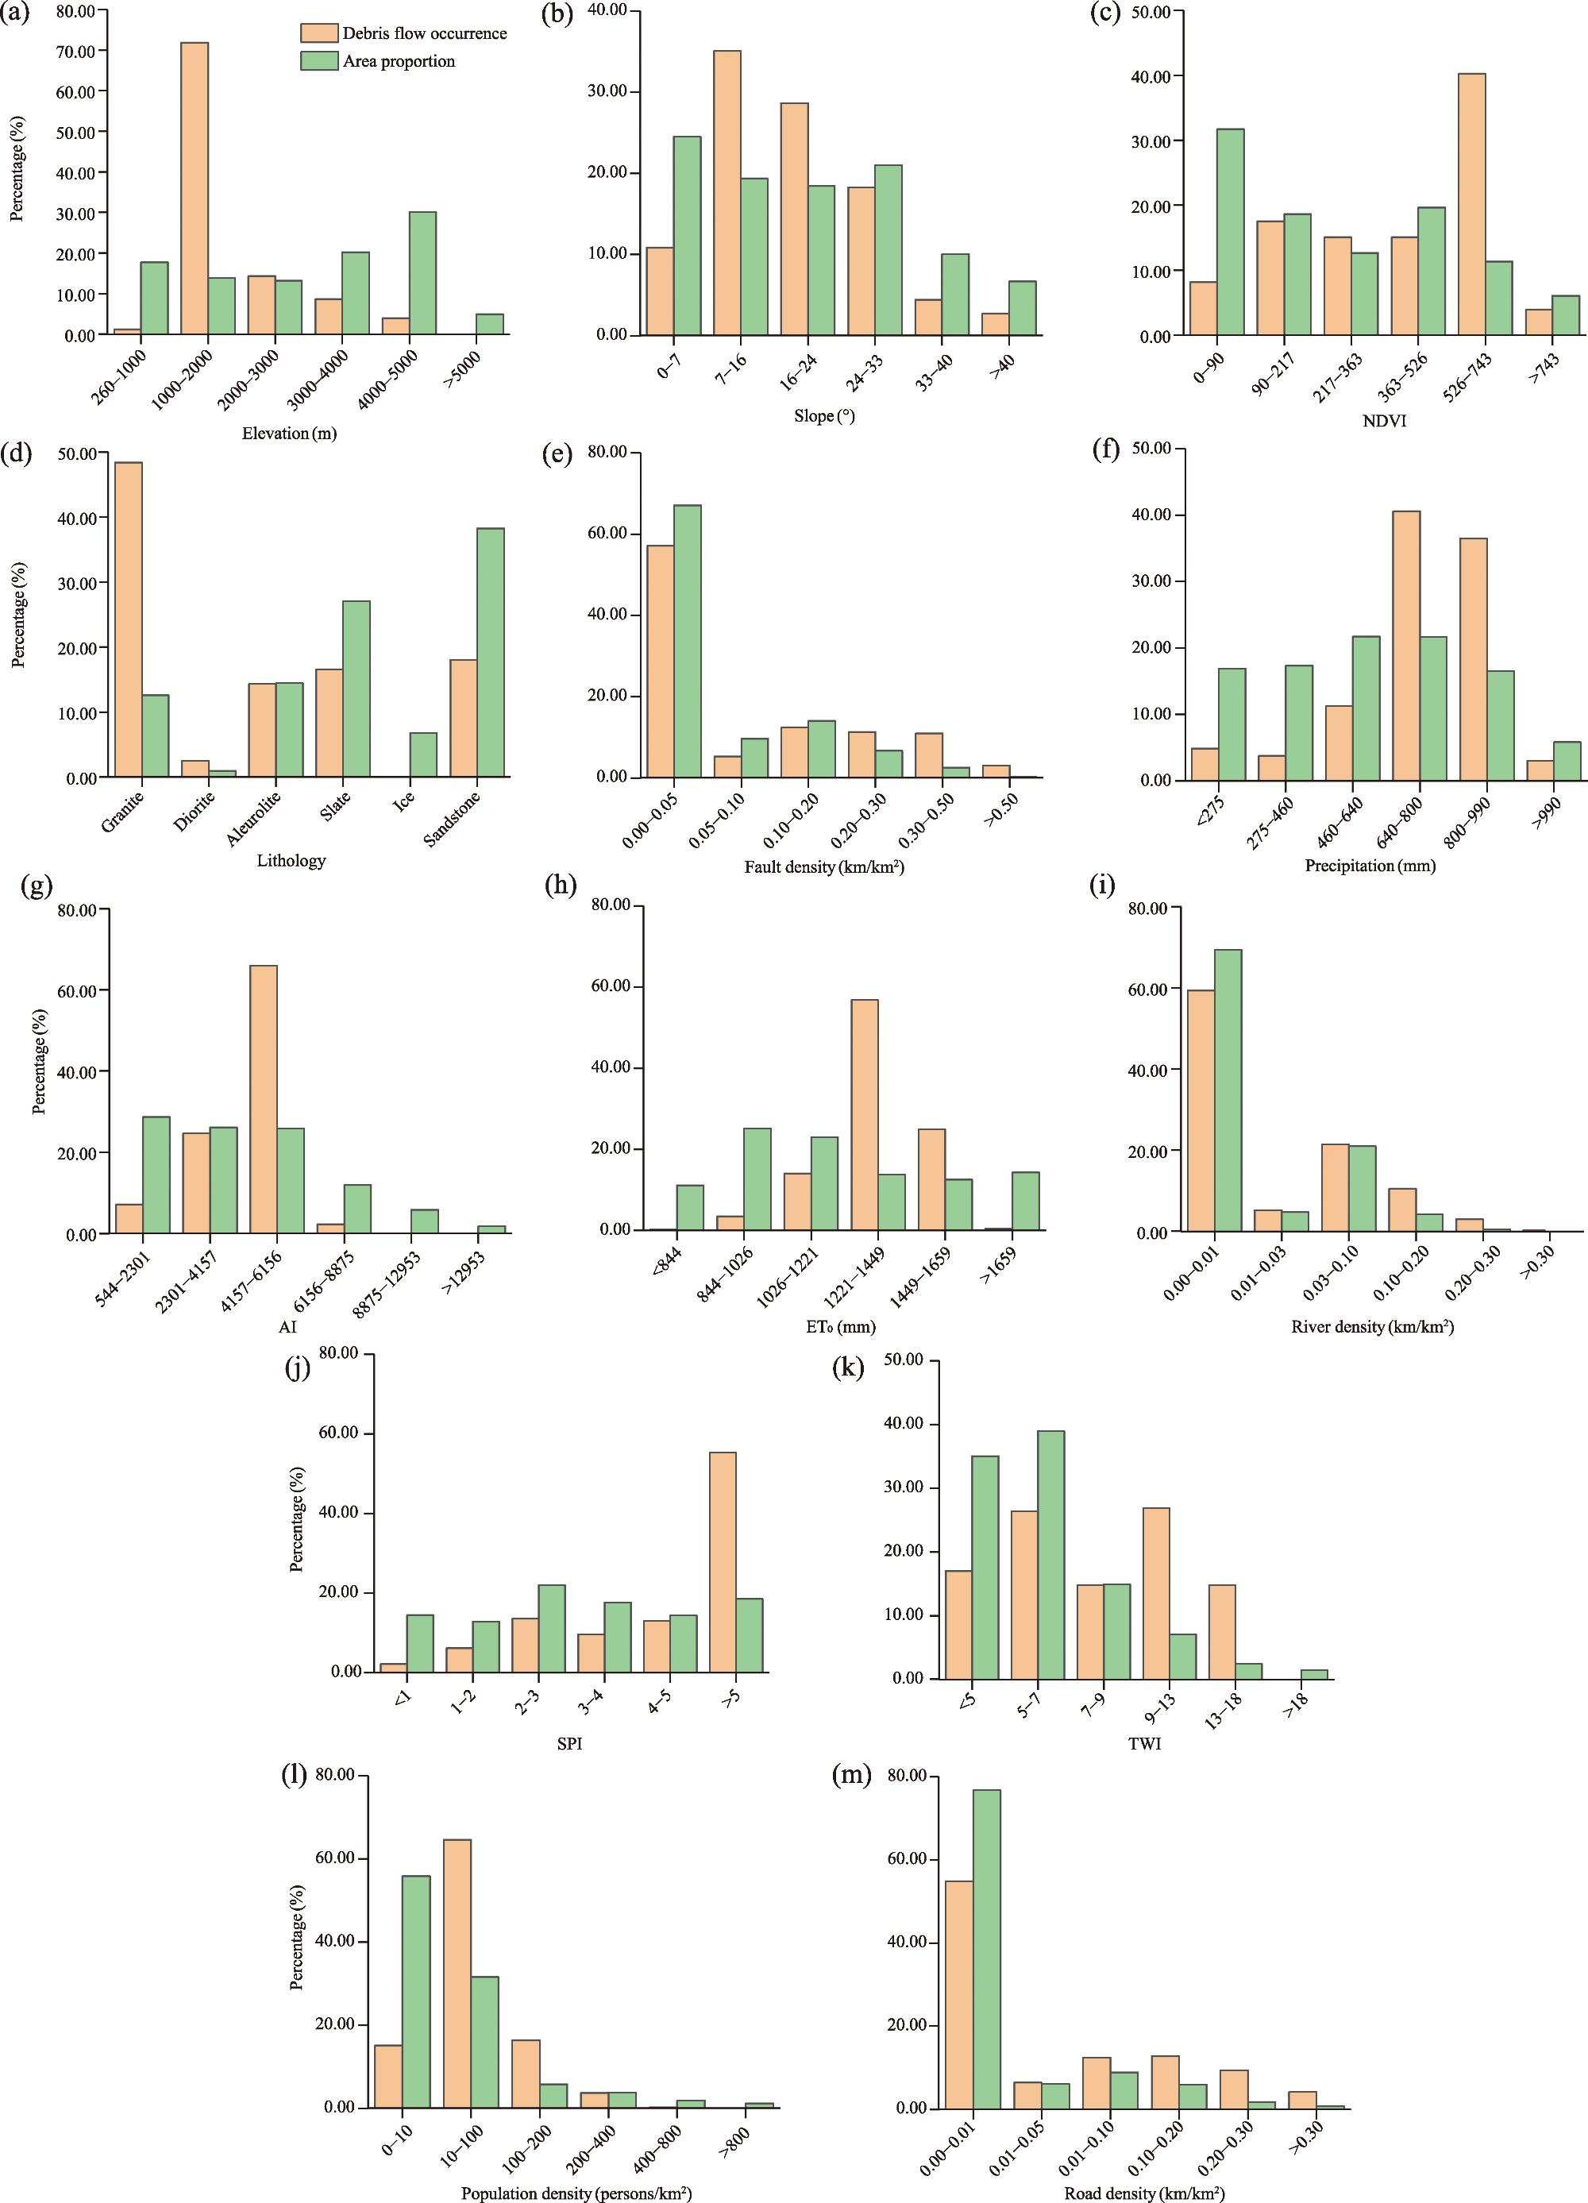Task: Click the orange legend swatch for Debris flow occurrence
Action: [x=318, y=33]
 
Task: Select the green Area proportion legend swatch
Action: [x=318, y=61]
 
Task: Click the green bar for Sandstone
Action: [x=491, y=653]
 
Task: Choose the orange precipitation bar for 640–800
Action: [x=1405, y=645]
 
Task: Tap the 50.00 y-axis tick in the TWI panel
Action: [x=913, y=1361]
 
